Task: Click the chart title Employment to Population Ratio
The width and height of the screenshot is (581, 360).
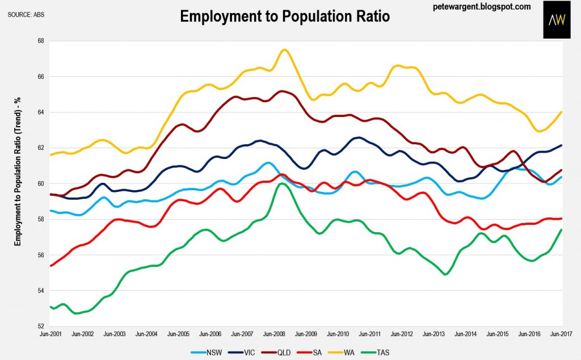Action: tap(285, 16)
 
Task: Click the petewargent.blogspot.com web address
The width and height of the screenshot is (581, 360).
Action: tap(481, 7)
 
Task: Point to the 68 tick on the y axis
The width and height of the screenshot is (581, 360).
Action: tap(41, 41)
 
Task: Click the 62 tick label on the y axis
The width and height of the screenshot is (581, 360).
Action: tap(41, 148)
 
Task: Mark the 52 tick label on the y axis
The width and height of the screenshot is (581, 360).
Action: tap(41, 326)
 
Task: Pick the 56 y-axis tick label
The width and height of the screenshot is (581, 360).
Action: tap(41, 255)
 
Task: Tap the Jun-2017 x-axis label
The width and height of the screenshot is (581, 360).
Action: tap(562, 335)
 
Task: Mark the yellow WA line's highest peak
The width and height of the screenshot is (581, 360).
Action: tap(284, 50)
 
